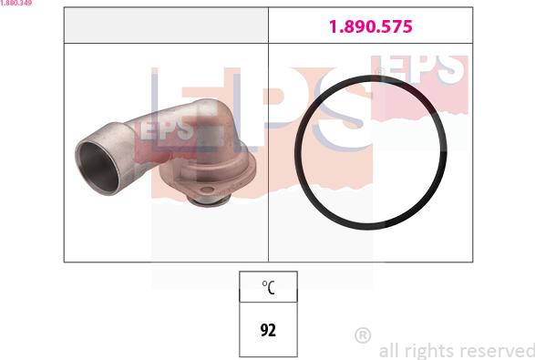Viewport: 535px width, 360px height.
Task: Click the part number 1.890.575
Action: coord(371,26)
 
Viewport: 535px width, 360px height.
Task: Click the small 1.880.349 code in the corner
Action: coord(16,3)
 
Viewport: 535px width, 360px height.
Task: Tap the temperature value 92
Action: coord(268,330)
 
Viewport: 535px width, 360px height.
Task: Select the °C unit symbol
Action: coord(268,287)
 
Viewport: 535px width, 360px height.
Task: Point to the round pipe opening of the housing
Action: coord(98,167)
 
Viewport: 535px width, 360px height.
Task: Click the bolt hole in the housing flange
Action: coord(207,190)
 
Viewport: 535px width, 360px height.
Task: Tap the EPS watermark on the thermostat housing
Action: coord(167,129)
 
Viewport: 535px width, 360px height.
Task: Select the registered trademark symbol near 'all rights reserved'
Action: coord(363,335)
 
